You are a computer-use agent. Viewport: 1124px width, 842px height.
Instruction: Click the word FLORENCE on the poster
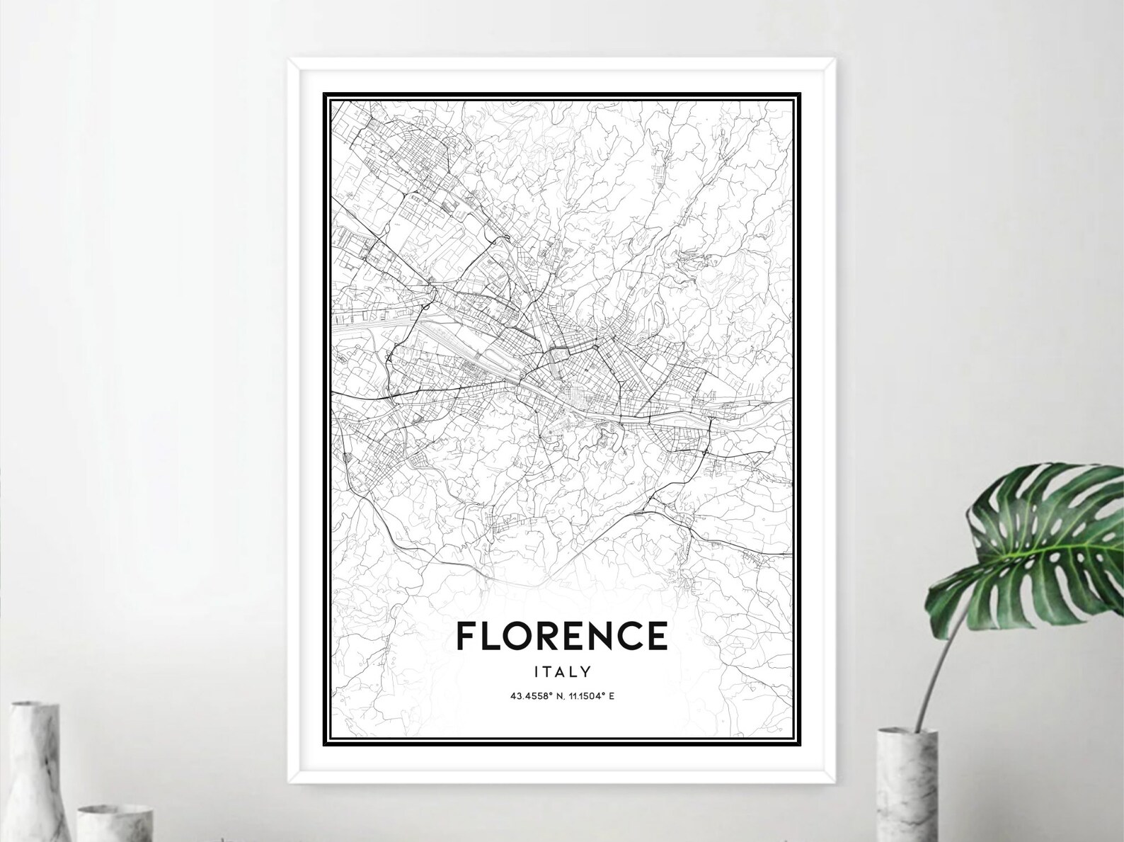[562, 635]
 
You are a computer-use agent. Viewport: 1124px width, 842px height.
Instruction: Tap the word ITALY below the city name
[563, 671]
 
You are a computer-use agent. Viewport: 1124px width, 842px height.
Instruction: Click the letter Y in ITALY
[585, 671]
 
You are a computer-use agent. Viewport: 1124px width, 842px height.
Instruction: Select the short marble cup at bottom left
[113, 821]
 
